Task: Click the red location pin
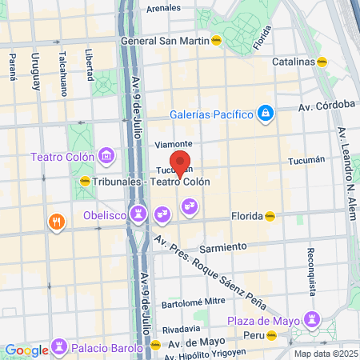180,164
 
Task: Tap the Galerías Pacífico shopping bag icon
266,114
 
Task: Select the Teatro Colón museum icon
105,155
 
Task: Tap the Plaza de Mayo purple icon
309,322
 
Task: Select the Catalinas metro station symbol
322,61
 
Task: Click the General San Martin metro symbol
216,41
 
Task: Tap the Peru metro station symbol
271,335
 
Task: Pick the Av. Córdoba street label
326,105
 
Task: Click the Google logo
26,350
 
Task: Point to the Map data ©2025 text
325,354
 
